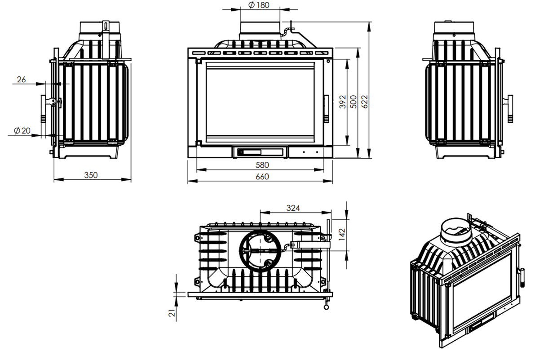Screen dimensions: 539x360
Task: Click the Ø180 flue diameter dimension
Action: coord(259,5)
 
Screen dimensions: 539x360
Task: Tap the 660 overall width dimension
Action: coord(262,177)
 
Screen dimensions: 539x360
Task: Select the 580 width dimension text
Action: coord(262,165)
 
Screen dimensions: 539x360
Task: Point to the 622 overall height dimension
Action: coord(365,102)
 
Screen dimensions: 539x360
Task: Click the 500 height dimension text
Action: coord(353,102)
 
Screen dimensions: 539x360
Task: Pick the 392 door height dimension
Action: coord(342,102)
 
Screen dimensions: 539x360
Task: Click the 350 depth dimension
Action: coord(91,175)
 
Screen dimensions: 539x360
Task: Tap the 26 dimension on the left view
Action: coord(21,80)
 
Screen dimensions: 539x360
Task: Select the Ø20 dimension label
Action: coord(22,131)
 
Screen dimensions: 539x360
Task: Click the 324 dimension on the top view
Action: coord(293,208)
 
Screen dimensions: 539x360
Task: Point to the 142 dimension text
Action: coord(342,235)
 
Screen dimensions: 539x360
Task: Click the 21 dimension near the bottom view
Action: coord(172,313)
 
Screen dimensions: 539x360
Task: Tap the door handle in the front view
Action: coord(327,109)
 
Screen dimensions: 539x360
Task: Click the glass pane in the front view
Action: coord(260,102)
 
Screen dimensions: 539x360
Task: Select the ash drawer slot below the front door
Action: coord(260,152)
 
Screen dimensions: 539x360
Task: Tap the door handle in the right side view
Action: coord(510,109)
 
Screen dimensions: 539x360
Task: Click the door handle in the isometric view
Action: coord(522,277)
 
